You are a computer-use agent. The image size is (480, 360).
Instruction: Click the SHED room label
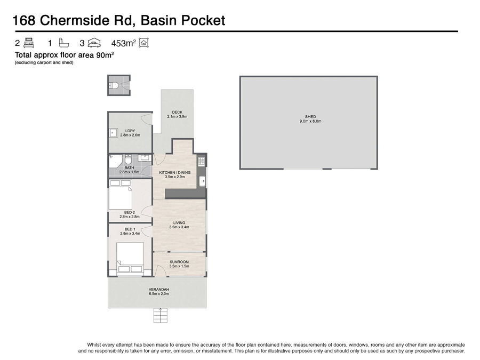pyautogui.click(x=310, y=117)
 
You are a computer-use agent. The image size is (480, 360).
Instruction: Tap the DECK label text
pyautogui.click(x=177, y=113)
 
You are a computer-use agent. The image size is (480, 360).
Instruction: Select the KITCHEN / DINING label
pyautogui.click(x=175, y=173)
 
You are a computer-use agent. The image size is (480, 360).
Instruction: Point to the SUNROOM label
pyautogui.click(x=179, y=262)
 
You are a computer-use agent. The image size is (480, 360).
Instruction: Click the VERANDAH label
pyautogui.click(x=159, y=290)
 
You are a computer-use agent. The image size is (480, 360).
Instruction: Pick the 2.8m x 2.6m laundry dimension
pyautogui.click(x=130, y=135)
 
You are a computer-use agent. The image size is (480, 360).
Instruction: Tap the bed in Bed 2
pyautogui.click(x=121, y=195)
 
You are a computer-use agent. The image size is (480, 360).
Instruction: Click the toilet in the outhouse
pyautogui.click(x=114, y=85)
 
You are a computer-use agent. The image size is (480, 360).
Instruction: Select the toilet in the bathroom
pyautogui.click(x=128, y=159)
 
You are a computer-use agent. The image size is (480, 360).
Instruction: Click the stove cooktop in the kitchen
pyautogui.click(x=201, y=161)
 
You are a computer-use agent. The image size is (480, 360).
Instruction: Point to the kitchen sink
pyautogui.click(x=202, y=181)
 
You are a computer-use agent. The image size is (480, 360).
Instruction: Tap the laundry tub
pyautogui.click(x=114, y=133)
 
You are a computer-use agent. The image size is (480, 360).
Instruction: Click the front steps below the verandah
pyautogui.click(x=161, y=315)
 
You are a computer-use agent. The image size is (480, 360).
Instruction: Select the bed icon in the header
pyautogui.click(x=29, y=43)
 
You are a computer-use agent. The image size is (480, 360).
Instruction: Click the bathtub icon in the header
pyautogui.click(x=63, y=43)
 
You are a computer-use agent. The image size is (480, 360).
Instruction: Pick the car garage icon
pyautogui.click(x=94, y=43)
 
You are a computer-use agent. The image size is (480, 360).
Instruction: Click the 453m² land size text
pyautogui.click(x=123, y=43)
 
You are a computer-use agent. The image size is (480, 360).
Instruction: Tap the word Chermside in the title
pyautogui.click(x=75, y=20)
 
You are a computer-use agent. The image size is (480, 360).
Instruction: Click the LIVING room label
pyautogui.click(x=179, y=223)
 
